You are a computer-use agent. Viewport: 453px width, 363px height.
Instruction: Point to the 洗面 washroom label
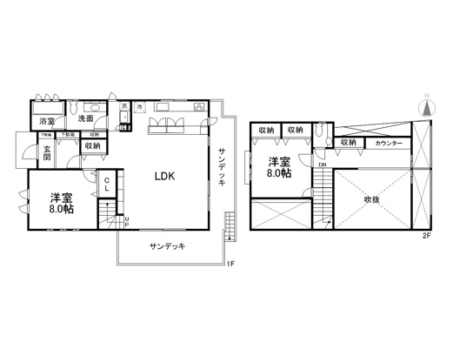85,118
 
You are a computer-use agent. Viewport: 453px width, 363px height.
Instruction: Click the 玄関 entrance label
48,153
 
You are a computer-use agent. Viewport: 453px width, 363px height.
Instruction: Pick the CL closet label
106,185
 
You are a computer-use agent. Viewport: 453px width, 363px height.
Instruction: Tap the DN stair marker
322,165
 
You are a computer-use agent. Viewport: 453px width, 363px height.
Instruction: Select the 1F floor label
230,264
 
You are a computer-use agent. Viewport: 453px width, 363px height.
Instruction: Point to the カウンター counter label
389,143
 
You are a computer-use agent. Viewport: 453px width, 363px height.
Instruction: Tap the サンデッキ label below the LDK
166,245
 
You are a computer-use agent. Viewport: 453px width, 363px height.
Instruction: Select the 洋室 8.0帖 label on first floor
61,203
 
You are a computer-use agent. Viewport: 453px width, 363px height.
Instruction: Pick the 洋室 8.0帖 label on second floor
278,167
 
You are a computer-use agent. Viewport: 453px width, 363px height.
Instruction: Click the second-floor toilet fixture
322,131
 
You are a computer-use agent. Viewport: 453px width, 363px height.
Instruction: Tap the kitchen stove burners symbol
199,108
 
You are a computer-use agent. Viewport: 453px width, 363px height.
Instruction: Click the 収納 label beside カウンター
349,143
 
